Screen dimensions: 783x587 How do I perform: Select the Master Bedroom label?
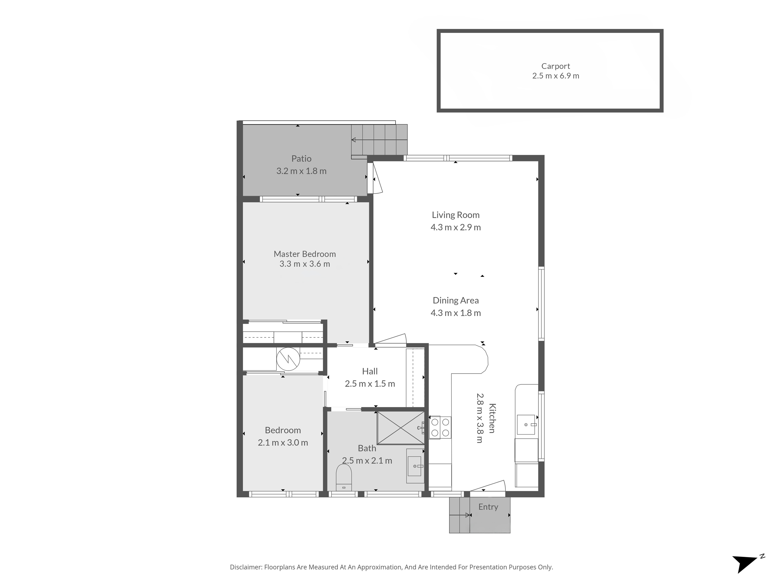304,254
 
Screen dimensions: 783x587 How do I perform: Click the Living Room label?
456,215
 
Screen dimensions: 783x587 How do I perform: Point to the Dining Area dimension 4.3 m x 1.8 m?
456,313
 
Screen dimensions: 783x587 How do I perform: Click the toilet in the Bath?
343,477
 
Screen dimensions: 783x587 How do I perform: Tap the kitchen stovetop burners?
440,427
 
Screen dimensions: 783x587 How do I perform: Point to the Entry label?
488,507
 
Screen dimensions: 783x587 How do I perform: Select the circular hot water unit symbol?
288,359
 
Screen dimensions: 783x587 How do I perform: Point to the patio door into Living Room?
375,178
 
